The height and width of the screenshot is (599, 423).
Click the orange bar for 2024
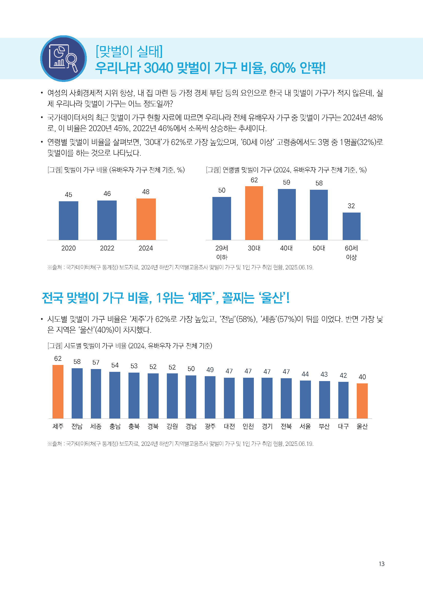coord(146,219)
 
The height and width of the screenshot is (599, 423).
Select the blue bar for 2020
coord(69,220)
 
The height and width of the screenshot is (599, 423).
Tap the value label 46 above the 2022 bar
coord(107,194)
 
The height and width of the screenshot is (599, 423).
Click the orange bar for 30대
coord(254,213)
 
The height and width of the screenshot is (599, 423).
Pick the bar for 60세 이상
coord(351,226)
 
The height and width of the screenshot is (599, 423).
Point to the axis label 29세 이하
coord(222,252)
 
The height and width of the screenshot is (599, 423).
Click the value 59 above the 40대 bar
coord(286,182)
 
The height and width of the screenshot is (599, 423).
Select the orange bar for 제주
coord(58,391)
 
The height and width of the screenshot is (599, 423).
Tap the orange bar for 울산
coord(362,401)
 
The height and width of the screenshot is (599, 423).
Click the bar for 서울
coord(305,399)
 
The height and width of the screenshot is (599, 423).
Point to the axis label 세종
coord(96,426)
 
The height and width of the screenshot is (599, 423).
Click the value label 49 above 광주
coord(210,370)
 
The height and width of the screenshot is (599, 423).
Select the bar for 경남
coord(191,397)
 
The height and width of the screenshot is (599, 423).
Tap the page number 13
coord(382,564)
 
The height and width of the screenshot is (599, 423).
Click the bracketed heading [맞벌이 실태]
coord(129,51)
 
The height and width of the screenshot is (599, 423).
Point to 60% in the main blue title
coord(283,68)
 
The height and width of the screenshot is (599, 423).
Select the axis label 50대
coord(319,248)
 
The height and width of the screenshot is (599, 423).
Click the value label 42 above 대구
coord(343,375)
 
